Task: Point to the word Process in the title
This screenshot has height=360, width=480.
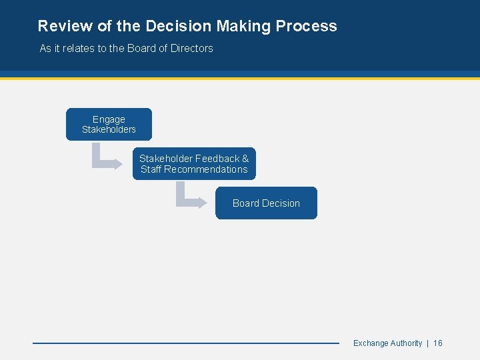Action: point(306,26)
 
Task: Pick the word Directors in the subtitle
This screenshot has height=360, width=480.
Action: point(191,48)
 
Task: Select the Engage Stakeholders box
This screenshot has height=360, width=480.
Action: point(109,124)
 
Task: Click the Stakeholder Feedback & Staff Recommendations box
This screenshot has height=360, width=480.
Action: point(194,164)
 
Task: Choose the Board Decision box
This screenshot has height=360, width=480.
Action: point(266,203)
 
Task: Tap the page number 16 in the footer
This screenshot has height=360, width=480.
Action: point(438,343)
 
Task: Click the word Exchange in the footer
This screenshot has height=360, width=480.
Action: point(371,343)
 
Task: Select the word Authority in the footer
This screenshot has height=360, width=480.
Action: point(406,343)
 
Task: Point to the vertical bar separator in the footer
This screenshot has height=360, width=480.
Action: point(427,343)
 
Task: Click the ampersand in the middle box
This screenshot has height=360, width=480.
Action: point(245,159)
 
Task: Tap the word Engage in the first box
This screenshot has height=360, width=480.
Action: point(109,119)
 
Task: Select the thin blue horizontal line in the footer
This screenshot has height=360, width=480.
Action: point(186,343)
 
